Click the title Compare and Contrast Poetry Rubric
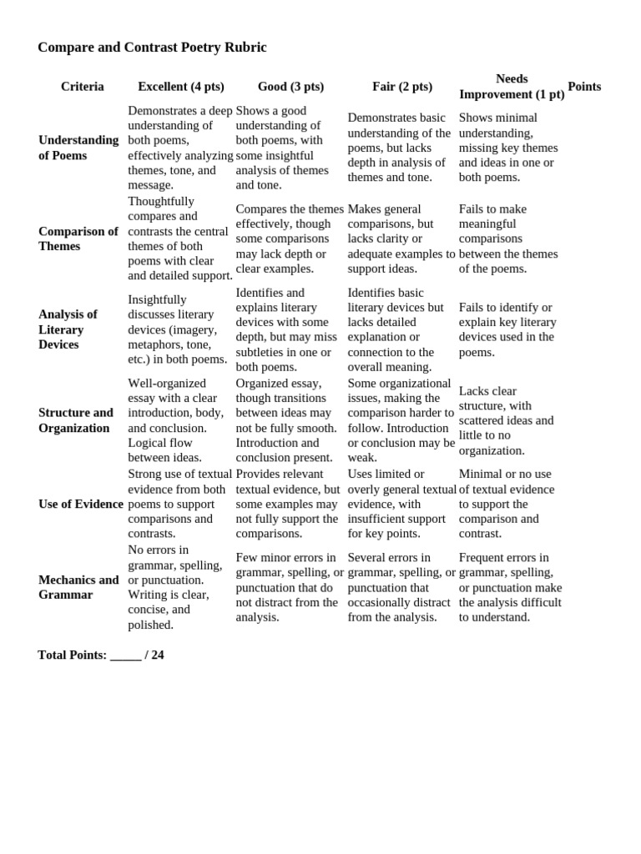152,48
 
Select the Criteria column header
83,87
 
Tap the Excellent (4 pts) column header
181,87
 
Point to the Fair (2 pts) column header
402,87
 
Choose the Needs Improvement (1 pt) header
512,87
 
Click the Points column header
584,87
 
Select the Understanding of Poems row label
78,148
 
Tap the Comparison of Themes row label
78,239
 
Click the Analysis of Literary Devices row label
68,329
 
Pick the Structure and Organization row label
76,420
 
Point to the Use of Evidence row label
81,504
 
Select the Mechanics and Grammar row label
78,587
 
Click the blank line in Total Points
125,656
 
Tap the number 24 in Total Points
158,656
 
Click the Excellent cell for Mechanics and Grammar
176,587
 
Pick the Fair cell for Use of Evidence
401,504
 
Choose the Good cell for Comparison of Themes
289,239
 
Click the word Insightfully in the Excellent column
158,299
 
